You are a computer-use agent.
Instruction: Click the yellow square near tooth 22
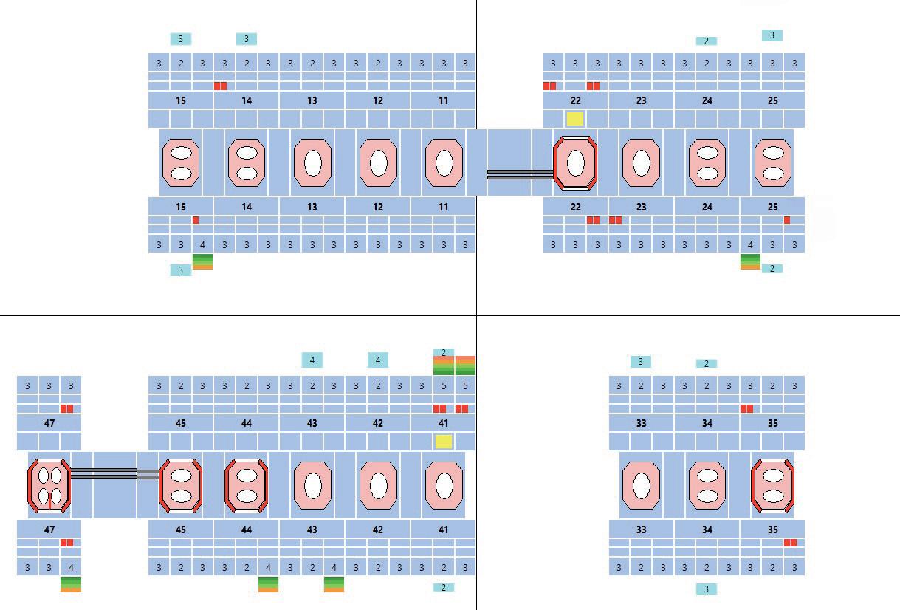point(574,118)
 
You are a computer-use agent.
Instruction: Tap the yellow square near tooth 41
point(443,442)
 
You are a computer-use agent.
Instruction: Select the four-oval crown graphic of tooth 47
point(49,485)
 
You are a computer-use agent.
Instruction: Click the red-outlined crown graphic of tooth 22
point(575,162)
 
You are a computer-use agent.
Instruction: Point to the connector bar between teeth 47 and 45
point(114,473)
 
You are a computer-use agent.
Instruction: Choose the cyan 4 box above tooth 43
point(312,360)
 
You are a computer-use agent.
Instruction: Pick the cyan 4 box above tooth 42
point(378,360)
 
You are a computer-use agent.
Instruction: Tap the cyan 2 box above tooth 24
point(707,41)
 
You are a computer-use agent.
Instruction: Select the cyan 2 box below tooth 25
point(772,269)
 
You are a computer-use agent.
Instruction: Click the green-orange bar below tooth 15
point(202,261)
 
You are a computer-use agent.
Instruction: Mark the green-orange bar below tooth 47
point(71,584)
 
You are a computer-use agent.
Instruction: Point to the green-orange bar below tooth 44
point(269,584)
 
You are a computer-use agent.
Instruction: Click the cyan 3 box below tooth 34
point(707,589)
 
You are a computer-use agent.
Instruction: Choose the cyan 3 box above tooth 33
point(641,362)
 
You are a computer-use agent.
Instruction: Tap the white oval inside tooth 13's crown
point(312,162)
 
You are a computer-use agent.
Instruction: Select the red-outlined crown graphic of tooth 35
point(772,485)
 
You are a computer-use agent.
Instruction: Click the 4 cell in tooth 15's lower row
point(202,244)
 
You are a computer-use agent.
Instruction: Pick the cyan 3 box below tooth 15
point(181,270)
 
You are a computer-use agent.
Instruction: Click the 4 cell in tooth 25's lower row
point(751,244)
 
